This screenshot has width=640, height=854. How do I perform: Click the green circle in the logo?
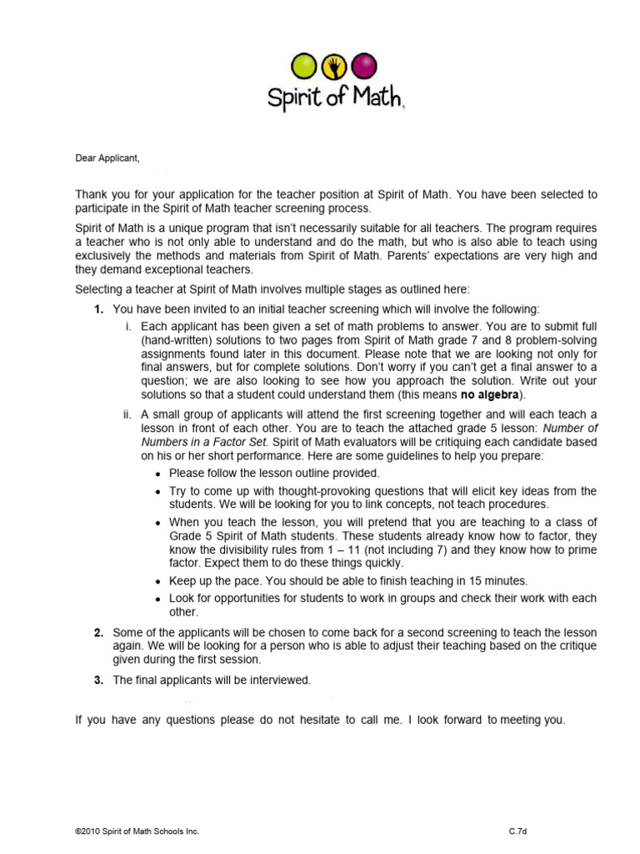tap(304, 65)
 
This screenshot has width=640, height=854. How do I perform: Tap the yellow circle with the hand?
tap(333, 65)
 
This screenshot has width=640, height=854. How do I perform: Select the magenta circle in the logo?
tap(362, 65)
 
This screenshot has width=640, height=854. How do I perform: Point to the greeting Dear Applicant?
tap(107, 158)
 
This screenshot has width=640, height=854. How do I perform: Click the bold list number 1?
tap(98, 309)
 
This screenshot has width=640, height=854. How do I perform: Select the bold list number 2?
tap(98, 632)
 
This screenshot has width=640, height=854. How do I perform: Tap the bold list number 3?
tap(98, 681)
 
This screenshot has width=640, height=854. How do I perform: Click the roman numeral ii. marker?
tap(129, 414)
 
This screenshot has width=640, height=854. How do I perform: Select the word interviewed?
tap(281, 681)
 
